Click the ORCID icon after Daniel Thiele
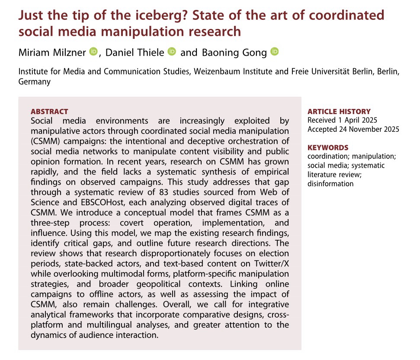172,52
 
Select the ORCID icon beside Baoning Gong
275,52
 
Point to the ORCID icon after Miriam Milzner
94,52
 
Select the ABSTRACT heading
49,112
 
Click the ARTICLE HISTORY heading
339,112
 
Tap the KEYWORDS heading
327,148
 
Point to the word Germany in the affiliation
34,81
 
